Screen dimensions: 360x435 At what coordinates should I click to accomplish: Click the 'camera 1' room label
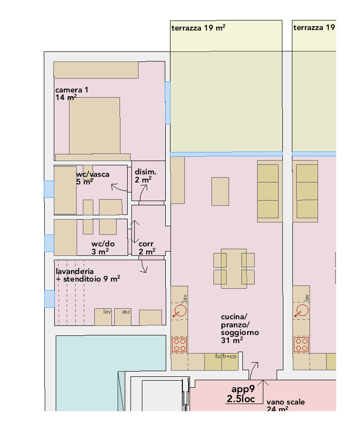point(71,90)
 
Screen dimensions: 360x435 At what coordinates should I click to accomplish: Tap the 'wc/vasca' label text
point(93,174)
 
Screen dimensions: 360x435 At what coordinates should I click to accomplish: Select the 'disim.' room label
point(145,172)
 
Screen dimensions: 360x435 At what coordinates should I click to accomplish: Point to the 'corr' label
point(146,244)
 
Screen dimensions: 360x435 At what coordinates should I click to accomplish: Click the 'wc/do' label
point(103,244)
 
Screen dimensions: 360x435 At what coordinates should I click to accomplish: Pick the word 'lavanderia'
point(75,271)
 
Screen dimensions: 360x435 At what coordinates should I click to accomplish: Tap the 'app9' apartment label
point(243,389)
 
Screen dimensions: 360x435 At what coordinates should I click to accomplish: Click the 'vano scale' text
point(286,402)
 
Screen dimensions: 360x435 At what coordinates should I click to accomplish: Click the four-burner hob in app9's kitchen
point(179,345)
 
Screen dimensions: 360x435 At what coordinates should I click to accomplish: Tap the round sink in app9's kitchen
point(180,310)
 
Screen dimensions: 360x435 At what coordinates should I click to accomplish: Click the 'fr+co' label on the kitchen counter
point(230,356)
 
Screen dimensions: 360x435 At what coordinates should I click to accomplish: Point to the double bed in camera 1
point(95,125)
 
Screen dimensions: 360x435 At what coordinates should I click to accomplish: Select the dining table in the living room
point(234,269)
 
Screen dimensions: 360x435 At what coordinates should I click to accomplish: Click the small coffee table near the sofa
point(220,192)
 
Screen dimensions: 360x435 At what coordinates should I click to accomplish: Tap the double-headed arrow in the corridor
point(135,232)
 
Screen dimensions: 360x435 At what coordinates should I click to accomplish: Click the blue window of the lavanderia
point(50,299)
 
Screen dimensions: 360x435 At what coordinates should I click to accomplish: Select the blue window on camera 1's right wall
point(168,103)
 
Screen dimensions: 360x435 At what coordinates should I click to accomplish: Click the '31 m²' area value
point(232,340)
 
